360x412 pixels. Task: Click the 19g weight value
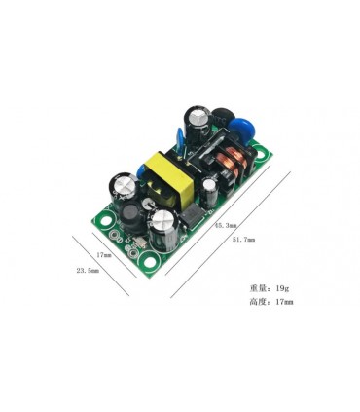click(x=282, y=288)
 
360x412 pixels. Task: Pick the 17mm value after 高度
click(x=284, y=303)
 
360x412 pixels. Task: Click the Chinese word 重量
click(x=258, y=288)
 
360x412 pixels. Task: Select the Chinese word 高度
click(x=258, y=303)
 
